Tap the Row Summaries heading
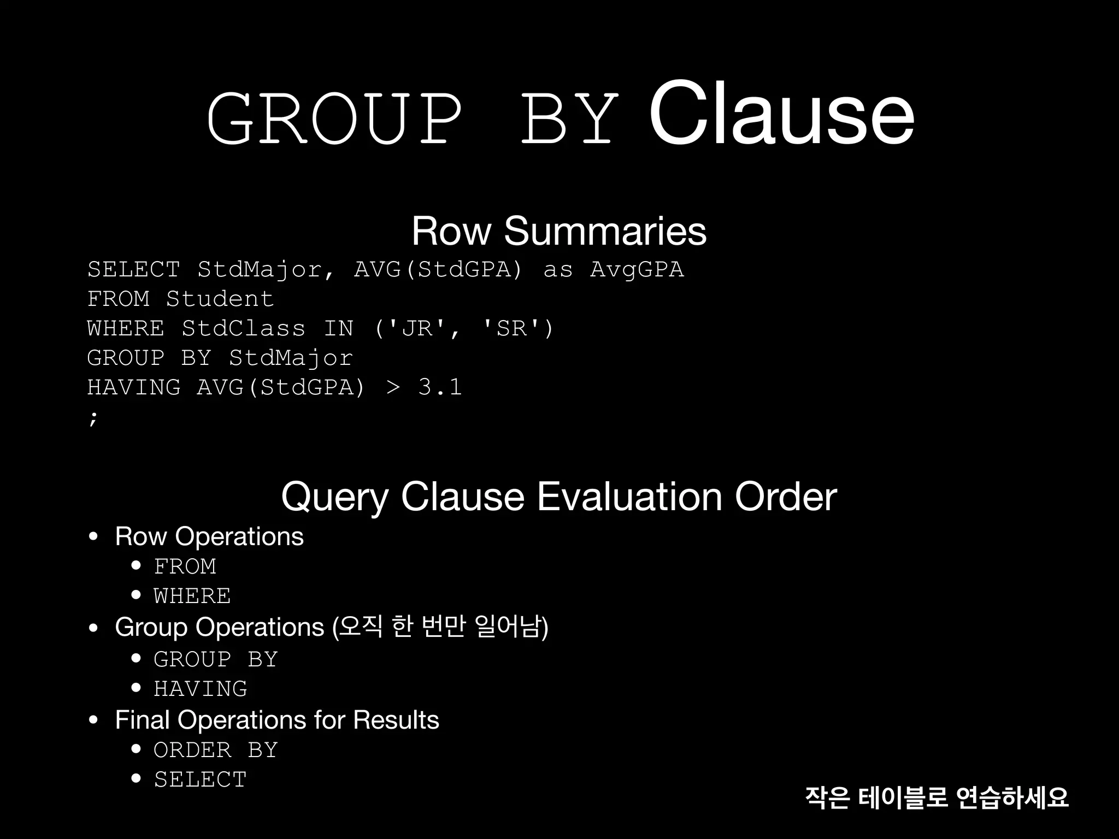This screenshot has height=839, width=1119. coord(558,231)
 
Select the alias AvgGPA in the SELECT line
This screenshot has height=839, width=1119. coord(637,269)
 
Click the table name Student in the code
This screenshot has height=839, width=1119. coord(220,299)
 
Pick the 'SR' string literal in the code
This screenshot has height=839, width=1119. coord(511,328)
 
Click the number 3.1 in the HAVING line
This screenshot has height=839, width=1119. coord(440,387)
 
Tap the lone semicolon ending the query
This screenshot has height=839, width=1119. coord(93,418)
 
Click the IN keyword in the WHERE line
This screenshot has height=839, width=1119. coord(339,328)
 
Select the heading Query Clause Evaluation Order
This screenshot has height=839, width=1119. coord(558,497)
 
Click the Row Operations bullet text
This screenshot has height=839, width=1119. coord(209,536)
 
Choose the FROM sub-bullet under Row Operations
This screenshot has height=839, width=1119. coord(185,566)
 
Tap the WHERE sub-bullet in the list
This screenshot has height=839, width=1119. coord(192,596)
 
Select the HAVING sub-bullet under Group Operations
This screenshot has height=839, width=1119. coord(201,689)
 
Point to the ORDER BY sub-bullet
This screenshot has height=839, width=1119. coord(216,750)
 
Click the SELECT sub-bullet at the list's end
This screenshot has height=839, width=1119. coord(201,779)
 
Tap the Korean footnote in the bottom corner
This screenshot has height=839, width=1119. coord(937,797)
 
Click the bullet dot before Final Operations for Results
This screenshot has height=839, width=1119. coord(93,720)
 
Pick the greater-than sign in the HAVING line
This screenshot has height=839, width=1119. coord(393,387)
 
